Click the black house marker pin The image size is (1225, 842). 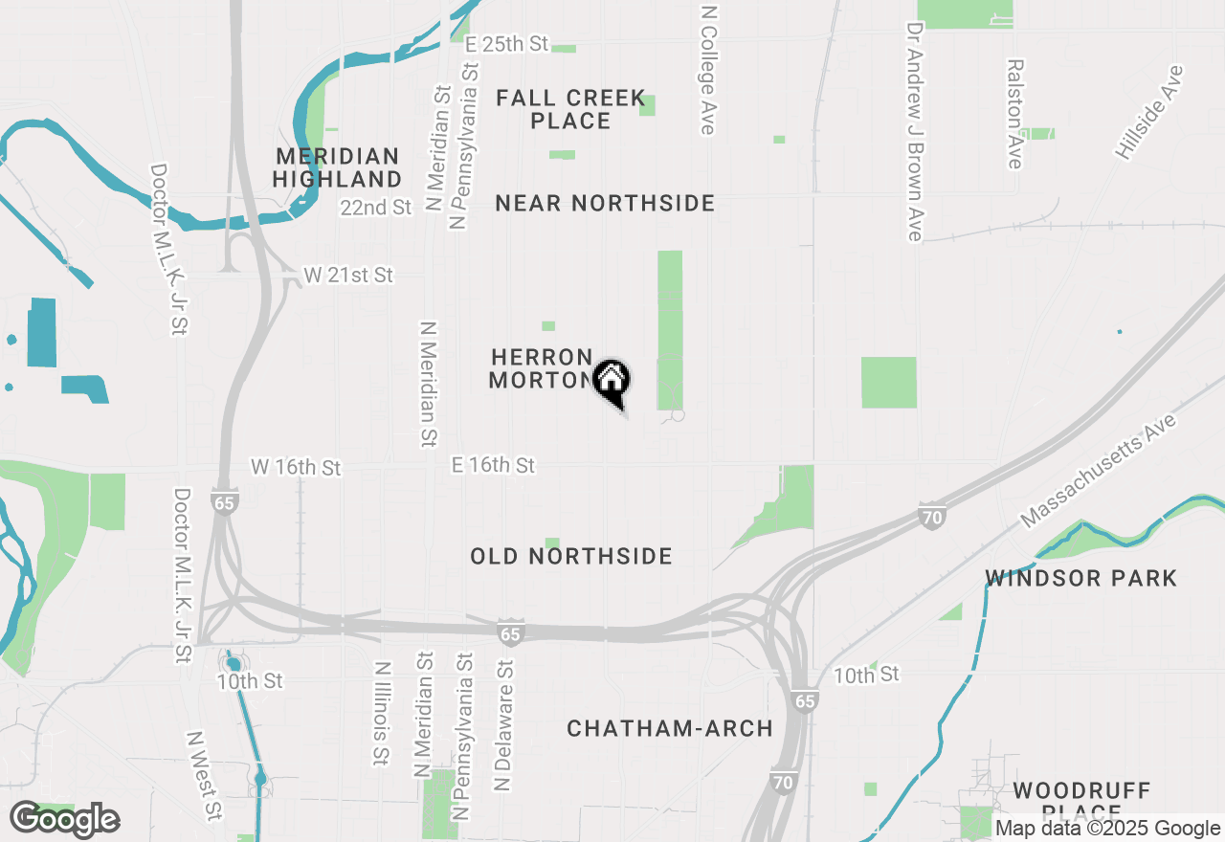click(x=612, y=381)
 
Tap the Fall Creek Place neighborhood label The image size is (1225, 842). click(x=570, y=109)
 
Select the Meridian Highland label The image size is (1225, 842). click(x=337, y=167)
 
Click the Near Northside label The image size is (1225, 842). click(x=605, y=203)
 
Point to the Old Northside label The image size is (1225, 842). click(x=571, y=556)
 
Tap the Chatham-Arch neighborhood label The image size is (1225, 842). click(x=670, y=728)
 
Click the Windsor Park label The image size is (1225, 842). click(x=1081, y=578)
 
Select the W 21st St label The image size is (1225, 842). click(x=348, y=276)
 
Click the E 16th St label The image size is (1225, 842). click(x=493, y=465)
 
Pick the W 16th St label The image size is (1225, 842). click(x=296, y=468)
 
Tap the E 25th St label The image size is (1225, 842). click(x=506, y=44)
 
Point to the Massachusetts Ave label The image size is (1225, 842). click(x=1099, y=470)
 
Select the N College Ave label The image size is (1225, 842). click(x=708, y=70)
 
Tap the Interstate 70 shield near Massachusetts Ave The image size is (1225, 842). click(x=931, y=516)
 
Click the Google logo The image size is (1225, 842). click(x=65, y=819)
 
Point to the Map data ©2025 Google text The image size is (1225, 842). click(x=1107, y=829)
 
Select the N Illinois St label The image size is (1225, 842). click(x=382, y=714)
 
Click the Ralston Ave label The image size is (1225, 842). click(x=1014, y=114)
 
